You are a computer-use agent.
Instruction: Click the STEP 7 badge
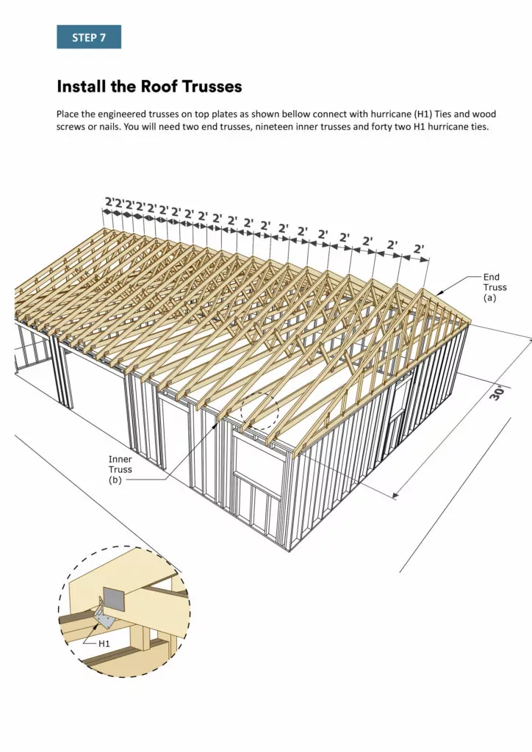point(89,37)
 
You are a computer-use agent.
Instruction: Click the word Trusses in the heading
point(209,87)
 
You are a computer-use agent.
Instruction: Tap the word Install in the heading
point(83,87)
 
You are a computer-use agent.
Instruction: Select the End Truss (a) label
point(495,288)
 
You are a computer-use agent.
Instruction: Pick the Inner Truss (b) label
point(121,469)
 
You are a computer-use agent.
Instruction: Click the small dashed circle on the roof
point(258,413)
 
